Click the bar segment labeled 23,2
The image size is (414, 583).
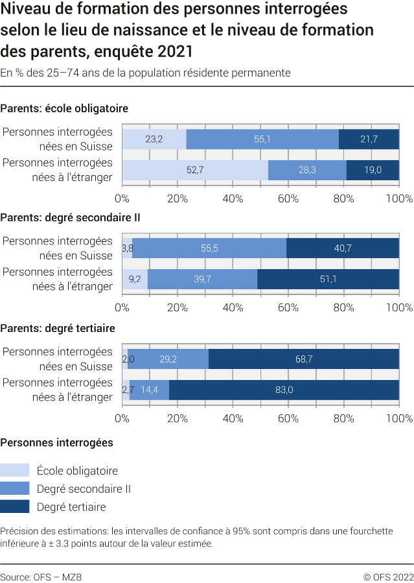coord(154,139)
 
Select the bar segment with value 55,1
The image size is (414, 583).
coord(262,139)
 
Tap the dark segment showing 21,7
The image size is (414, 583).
coord(369,139)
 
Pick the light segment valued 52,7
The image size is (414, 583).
coord(195,170)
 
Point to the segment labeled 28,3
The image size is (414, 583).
coord(307,170)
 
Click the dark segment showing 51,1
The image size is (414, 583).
coord(328,280)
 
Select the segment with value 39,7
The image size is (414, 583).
coord(203,280)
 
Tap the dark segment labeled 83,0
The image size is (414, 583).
coord(284,389)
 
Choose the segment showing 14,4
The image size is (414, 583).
coord(149,389)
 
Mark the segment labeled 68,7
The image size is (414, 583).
coord(303,359)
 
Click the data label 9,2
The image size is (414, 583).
coord(135,280)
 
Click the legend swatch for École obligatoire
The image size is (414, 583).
coord(15,470)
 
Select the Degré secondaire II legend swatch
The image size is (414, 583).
coord(15,488)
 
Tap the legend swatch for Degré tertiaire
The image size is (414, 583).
coord(15,506)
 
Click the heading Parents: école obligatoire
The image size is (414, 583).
coord(64,108)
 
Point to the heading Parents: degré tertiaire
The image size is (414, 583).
coord(58,328)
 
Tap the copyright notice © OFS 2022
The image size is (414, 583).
coord(388,577)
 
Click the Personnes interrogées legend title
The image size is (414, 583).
coord(57,443)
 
